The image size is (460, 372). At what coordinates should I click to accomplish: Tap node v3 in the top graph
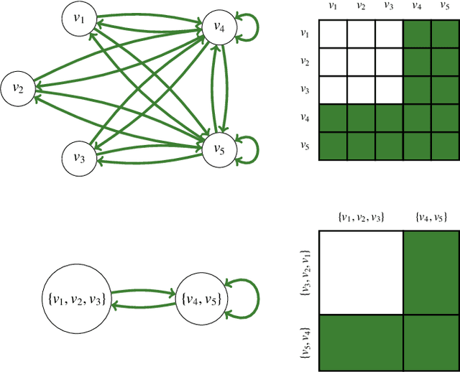[80, 157]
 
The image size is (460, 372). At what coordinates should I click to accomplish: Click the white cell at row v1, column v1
[333, 33]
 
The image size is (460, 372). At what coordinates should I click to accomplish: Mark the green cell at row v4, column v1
[333, 118]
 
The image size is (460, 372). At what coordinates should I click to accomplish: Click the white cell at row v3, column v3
[388, 90]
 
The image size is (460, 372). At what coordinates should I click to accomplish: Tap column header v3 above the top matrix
[388, 6]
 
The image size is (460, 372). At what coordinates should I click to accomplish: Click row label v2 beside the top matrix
[305, 62]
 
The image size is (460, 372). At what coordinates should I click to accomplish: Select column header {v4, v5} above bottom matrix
[429, 215]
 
